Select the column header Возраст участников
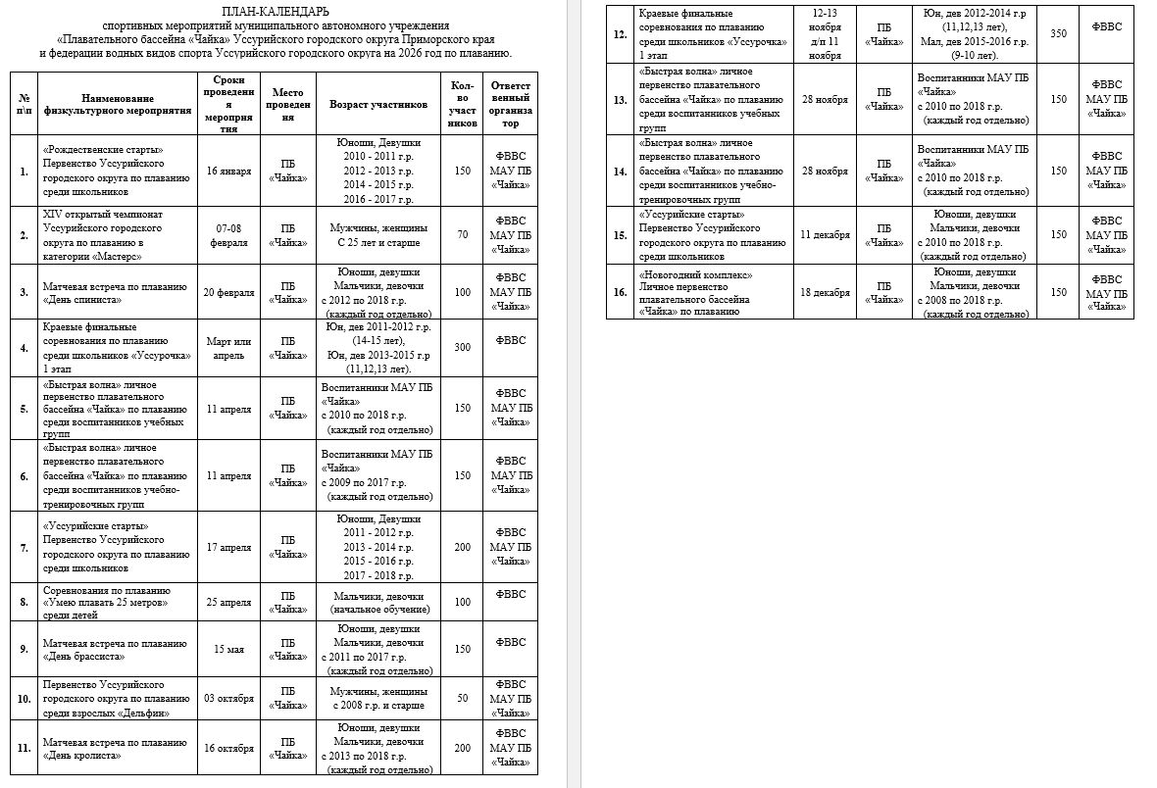[x=378, y=103]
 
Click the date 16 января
[x=228, y=171]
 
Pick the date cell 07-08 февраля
[x=228, y=235]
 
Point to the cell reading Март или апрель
[x=228, y=348]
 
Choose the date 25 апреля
[x=228, y=602]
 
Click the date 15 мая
[x=228, y=649]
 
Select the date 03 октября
[x=228, y=699]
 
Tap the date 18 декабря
[x=825, y=293]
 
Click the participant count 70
[x=463, y=235]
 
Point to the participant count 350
[x=1058, y=33]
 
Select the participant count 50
[x=463, y=699]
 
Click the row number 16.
[x=620, y=293]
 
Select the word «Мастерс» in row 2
[x=117, y=256]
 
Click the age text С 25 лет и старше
[x=378, y=242]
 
